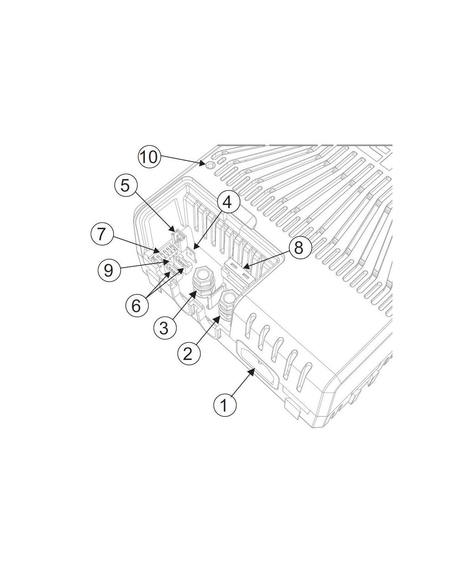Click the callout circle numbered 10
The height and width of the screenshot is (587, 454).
[149, 157]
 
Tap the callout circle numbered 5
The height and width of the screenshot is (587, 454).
[125, 186]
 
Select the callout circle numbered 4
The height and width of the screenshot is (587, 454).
[228, 202]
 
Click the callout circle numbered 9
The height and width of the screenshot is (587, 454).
[109, 270]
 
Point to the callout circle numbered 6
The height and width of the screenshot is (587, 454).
[137, 305]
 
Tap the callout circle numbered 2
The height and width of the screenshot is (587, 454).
[189, 353]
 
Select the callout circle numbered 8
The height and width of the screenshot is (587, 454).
[299, 248]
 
